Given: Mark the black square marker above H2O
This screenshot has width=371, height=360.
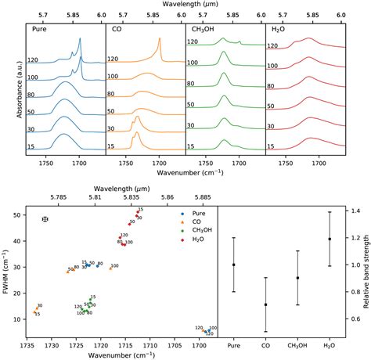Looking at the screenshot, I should click(x=330, y=239).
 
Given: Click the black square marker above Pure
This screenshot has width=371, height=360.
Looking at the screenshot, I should click(x=233, y=265).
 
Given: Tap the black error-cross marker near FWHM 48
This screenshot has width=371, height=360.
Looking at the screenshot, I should click(x=45, y=219).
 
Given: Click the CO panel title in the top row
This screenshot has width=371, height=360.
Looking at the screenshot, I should click(x=117, y=28).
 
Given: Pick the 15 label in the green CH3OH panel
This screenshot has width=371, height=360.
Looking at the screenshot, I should click(x=196, y=146).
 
